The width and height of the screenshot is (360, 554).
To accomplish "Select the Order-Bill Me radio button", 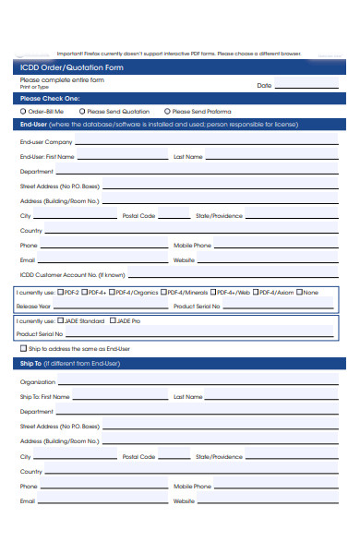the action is click(22, 110).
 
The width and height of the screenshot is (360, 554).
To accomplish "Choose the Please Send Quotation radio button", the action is click(82, 110).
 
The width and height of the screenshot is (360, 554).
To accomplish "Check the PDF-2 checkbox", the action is click(60, 293).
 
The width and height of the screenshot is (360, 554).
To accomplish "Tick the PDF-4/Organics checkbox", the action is click(113, 293).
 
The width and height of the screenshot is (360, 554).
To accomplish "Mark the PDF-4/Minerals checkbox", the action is click(165, 293).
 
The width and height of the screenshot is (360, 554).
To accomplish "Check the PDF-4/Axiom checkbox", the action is click(256, 293).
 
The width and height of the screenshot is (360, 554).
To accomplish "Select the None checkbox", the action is click(300, 293).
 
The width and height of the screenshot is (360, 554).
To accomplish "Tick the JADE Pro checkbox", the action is click(113, 321).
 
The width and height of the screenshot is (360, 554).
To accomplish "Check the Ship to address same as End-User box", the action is click(23, 349).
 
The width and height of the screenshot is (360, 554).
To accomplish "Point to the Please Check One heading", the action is click(50, 98).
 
